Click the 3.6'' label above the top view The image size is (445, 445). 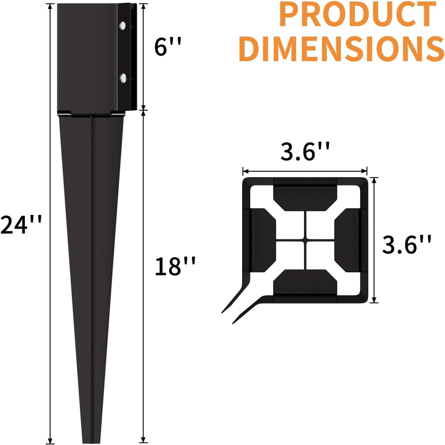click(x=305, y=151)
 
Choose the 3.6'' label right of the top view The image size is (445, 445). click(x=407, y=244)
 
